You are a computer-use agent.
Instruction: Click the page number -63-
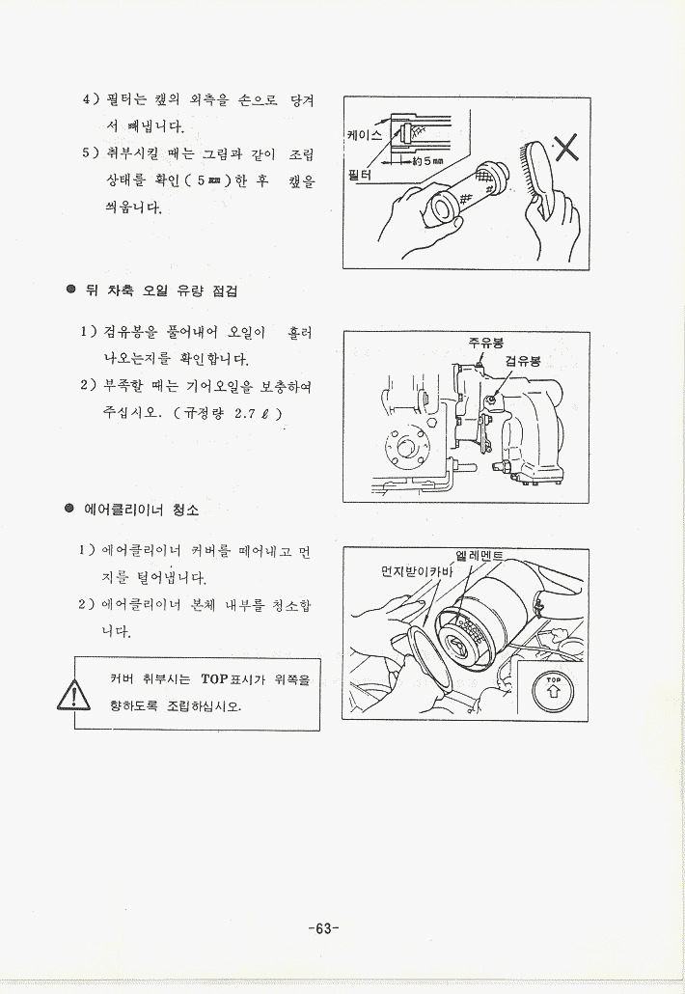pyautogui.click(x=324, y=928)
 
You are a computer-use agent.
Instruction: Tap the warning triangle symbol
pyautogui.click(x=73, y=695)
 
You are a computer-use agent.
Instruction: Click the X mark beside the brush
pyautogui.click(x=567, y=149)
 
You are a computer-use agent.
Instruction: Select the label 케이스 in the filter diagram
pyautogui.click(x=365, y=134)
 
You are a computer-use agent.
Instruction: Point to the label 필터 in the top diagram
pyautogui.click(x=360, y=174)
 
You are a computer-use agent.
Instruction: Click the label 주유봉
pyautogui.click(x=486, y=343)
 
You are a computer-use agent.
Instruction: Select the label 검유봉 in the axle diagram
pyautogui.click(x=523, y=361)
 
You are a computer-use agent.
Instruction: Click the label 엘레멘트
pyautogui.click(x=479, y=557)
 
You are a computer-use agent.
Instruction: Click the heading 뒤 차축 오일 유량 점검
pyautogui.click(x=161, y=291)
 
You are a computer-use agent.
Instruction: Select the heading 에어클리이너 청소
pyautogui.click(x=141, y=510)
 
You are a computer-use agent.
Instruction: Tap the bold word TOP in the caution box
pyautogui.click(x=214, y=679)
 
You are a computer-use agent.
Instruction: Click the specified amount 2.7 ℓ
pyautogui.click(x=254, y=413)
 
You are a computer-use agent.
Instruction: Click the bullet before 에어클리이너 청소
pyautogui.click(x=69, y=509)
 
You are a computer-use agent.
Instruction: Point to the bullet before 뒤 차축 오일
pyautogui.click(x=71, y=290)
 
